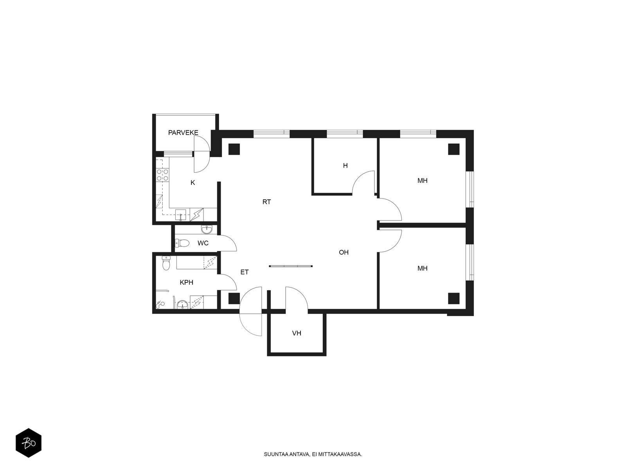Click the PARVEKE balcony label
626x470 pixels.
[183, 133]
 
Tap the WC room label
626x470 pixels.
[203, 243]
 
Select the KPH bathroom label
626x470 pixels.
[186, 282]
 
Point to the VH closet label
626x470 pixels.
[296, 333]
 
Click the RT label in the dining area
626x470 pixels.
[266, 202]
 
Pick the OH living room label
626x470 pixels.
[344, 252]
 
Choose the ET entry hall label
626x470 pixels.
[245, 272]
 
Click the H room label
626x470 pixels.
[345, 166]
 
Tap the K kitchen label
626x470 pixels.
[193, 183]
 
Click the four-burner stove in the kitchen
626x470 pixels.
[162, 175]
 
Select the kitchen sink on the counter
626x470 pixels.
[180, 215]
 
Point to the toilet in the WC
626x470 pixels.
[182, 243]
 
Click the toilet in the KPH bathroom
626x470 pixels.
[166, 263]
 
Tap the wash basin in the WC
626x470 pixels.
[207, 229]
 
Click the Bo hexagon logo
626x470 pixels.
[29, 443]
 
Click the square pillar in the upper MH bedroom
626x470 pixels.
[453, 149]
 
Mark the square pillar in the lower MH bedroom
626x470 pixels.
[453, 298]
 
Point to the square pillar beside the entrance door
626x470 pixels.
[234, 298]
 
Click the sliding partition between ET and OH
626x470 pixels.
[291, 266]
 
